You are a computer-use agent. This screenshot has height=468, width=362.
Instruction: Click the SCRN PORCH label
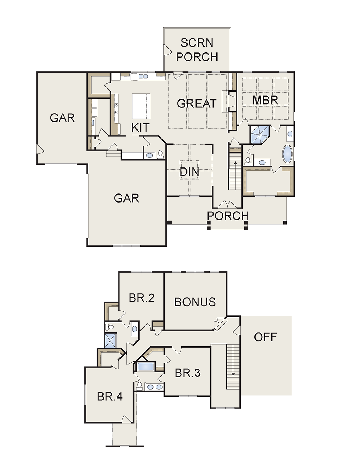[x=197, y=50]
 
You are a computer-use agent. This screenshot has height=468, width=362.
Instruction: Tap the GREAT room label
[x=197, y=103]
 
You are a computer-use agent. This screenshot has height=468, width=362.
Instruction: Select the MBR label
[x=265, y=100]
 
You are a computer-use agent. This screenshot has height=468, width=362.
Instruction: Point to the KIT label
[x=140, y=128]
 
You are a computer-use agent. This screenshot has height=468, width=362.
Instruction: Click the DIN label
[x=189, y=172]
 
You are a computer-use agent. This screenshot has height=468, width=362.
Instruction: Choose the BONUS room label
[x=195, y=302]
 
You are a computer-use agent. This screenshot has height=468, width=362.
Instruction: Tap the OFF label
[x=265, y=337]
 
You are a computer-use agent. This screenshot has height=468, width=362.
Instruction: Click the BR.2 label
[x=142, y=298]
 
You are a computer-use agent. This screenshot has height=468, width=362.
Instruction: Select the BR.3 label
[x=188, y=373]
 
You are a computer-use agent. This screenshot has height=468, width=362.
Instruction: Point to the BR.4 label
[x=110, y=396]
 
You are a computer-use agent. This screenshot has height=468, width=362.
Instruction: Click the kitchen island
[x=141, y=106]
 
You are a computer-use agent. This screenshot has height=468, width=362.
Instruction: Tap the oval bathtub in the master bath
[x=288, y=154]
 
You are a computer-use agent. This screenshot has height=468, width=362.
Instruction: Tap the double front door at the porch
[x=228, y=204]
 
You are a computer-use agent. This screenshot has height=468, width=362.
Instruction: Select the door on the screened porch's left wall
[x=168, y=50]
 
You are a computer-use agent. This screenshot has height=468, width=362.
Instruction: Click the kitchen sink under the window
[x=143, y=76]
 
